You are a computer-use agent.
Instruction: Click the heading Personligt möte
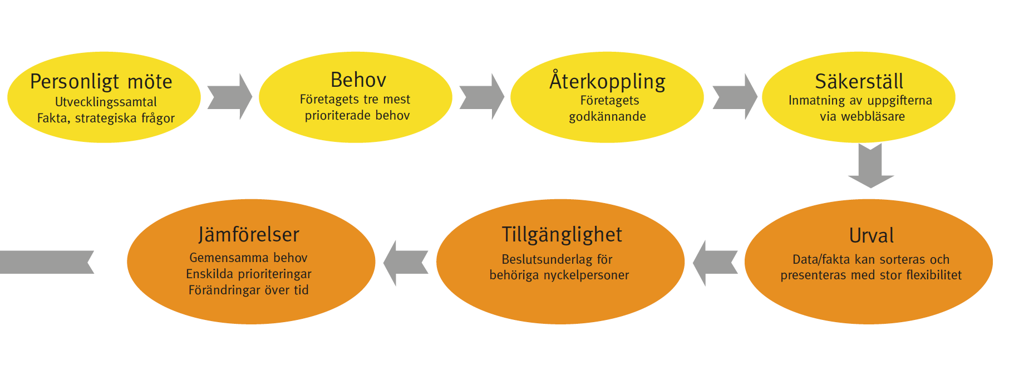[101, 82]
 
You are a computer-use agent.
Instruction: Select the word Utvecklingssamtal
[106, 102]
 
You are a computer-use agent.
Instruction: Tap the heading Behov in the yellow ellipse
[358, 80]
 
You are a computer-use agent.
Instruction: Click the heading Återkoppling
[607, 81]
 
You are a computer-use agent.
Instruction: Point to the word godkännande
[607, 116]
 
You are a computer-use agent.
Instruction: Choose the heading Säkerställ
[859, 81]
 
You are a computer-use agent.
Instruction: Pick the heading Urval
[871, 236]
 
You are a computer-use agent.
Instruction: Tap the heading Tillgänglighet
[562, 235]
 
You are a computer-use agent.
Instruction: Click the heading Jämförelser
[249, 235]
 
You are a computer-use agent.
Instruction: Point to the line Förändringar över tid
[248, 290]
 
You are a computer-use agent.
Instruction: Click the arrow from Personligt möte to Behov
[230, 97]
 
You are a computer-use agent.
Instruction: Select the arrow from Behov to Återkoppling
[482, 97]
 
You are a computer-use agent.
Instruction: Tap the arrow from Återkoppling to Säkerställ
[735, 97]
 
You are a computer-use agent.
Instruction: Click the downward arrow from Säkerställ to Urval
[871, 166]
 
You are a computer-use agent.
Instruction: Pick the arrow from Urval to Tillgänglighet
[715, 263]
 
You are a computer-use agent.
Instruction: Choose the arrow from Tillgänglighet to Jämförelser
[406, 263]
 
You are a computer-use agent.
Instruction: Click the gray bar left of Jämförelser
[47, 262]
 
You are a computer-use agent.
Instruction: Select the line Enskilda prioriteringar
[248, 274]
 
